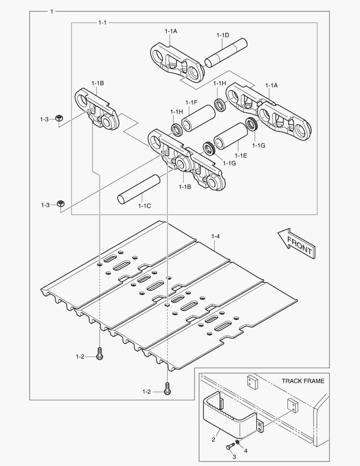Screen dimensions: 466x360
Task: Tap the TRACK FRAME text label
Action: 303,381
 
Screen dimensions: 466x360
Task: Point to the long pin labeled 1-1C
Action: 139,189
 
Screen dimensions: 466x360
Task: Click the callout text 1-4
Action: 216,236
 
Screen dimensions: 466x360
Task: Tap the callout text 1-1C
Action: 144,206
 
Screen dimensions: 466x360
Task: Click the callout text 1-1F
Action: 191,102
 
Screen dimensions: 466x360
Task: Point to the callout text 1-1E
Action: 241,155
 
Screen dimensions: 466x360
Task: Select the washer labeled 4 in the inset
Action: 238,444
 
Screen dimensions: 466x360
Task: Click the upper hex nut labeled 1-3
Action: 60,119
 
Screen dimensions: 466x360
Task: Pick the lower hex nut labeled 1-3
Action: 61,203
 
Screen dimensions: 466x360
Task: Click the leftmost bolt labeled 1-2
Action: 100,355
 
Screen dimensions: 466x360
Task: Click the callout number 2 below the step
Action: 213,440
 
